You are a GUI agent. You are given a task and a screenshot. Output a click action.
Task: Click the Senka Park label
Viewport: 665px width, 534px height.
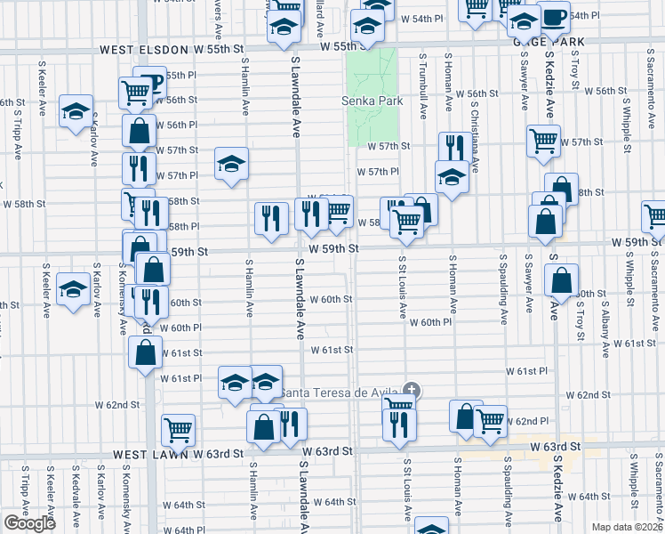[372, 101]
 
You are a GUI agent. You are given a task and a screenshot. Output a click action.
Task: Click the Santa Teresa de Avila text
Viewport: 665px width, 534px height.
[341, 392]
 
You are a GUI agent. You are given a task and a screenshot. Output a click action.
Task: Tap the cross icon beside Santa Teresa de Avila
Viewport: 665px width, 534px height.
[411, 390]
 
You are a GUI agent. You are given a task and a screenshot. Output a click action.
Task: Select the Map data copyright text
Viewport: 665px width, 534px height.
[626, 527]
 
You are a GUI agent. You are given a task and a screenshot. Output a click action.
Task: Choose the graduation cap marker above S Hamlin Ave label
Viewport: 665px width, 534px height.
[231, 164]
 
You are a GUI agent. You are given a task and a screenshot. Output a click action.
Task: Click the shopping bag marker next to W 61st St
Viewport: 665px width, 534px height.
[145, 352]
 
